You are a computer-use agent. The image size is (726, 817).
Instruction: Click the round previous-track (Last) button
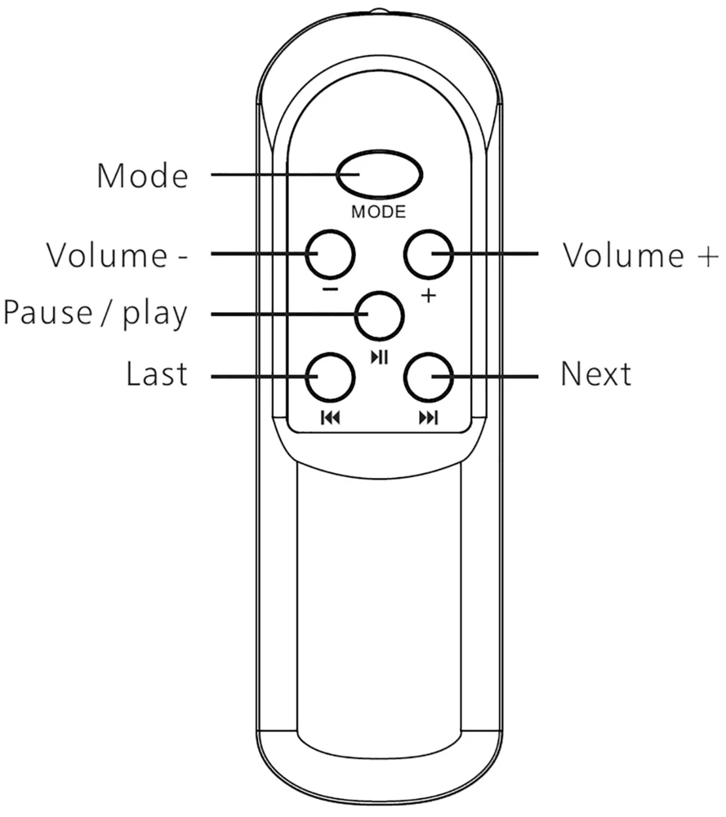330,376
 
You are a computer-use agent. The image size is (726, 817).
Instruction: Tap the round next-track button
428,376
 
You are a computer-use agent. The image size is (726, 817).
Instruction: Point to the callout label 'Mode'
142,176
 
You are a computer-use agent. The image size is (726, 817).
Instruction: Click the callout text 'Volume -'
117,255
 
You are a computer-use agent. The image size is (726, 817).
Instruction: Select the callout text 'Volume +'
640,255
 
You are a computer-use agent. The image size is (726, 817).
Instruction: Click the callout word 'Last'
156,375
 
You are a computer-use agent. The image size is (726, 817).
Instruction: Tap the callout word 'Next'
595,375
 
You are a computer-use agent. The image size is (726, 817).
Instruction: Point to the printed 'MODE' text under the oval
378,212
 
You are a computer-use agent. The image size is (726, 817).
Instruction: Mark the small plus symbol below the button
428,295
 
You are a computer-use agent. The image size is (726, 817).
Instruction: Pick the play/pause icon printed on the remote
379,356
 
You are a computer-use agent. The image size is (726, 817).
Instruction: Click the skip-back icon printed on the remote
330,418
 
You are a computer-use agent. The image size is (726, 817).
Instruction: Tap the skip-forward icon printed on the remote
428,418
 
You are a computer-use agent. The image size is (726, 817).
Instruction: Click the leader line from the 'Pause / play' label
278,314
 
